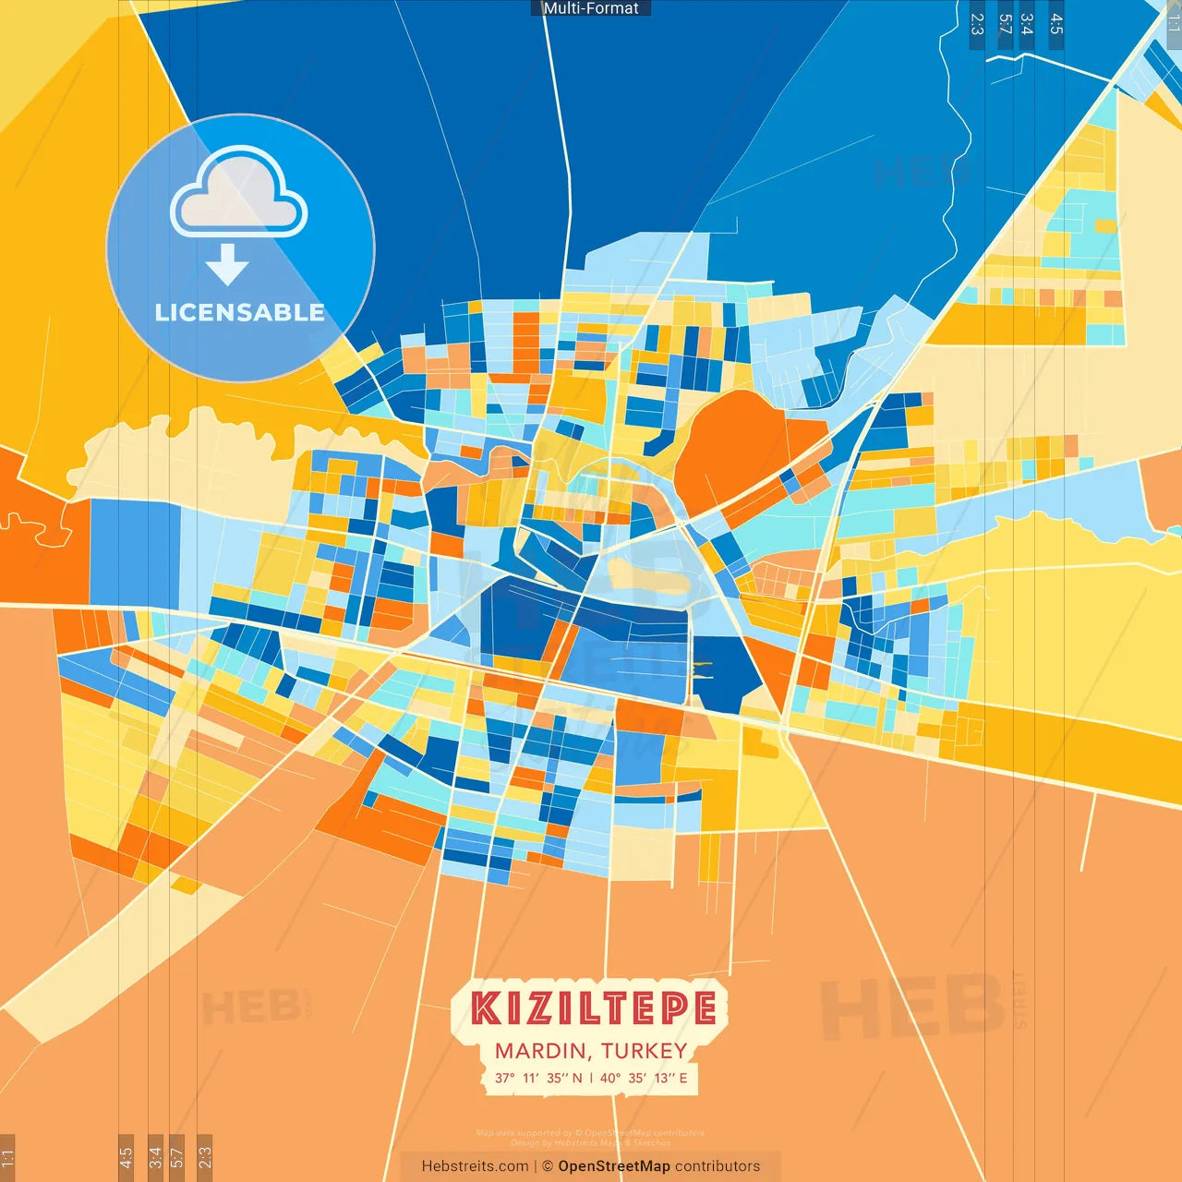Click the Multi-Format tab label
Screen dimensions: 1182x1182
coord(591,8)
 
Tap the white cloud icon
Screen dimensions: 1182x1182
coord(239,192)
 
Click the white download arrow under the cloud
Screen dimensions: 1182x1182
coord(227,265)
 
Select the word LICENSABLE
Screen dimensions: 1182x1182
coord(240,312)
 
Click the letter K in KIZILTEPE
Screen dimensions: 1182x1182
coord(486,1008)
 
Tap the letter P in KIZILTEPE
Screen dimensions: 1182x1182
coord(673,1008)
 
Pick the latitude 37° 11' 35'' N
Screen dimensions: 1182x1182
coord(538,1078)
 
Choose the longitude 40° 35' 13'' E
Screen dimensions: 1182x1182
coord(644,1078)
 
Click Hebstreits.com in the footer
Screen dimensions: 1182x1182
coord(475,1166)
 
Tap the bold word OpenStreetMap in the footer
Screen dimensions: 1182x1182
coord(614,1166)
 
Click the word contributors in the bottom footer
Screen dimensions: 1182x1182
coord(718,1166)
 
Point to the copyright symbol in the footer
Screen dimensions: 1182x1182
coord(548,1166)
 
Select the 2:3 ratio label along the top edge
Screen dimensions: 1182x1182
coord(977,24)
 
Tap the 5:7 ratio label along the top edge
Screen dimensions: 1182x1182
coord(1005,24)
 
